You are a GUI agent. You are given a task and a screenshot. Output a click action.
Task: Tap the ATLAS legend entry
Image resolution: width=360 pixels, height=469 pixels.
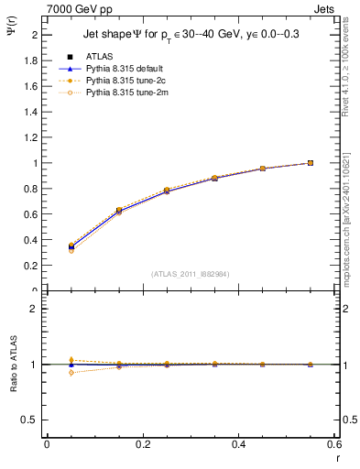pyautogui.click(x=99, y=56)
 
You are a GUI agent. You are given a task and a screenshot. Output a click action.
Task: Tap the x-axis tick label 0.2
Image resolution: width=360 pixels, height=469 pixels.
pyautogui.click(x=143, y=443)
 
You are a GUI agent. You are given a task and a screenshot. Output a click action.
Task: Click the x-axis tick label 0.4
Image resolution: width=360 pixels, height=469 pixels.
pyautogui.click(x=239, y=443)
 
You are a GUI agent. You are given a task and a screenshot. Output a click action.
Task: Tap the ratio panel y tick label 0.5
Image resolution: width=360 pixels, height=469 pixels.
pyautogui.click(x=33, y=420)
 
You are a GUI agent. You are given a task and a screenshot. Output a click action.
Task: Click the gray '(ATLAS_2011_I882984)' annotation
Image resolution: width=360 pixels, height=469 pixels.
pyautogui.click(x=191, y=274)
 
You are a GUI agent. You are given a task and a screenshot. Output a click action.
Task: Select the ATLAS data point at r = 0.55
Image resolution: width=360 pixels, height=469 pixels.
pyautogui.click(x=311, y=163)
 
